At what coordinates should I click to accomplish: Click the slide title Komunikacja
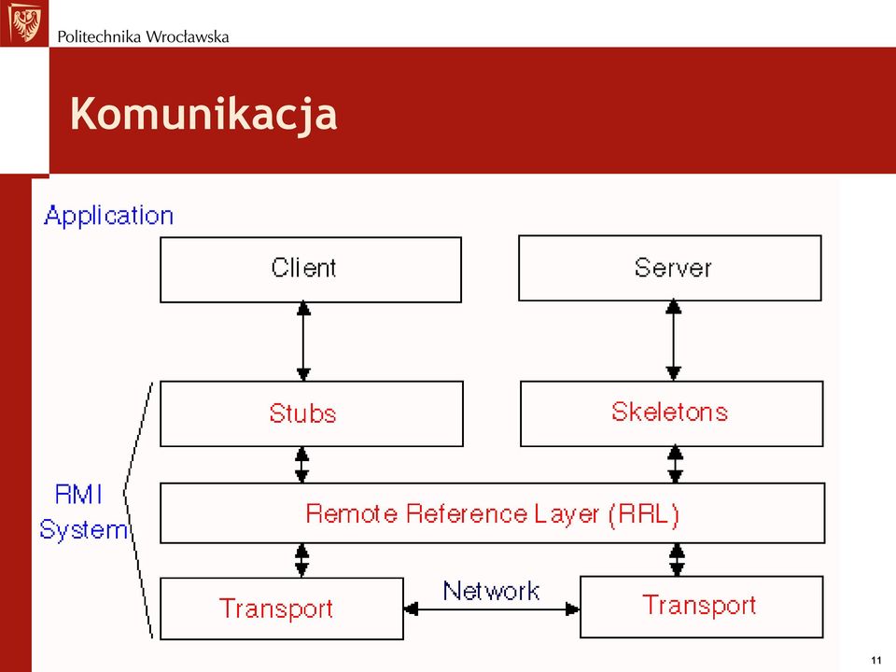pyautogui.click(x=203, y=114)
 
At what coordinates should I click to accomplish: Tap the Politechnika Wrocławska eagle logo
pyautogui.click(x=24, y=22)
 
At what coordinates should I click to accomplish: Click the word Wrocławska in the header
pyautogui.click(x=187, y=37)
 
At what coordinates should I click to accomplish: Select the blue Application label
pyautogui.click(x=108, y=217)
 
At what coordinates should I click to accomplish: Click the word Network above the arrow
pyautogui.click(x=492, y=591)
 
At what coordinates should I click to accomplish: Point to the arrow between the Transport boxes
pyautogui.click(x=492, y=609)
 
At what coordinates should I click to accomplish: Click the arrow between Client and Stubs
pyautogui.click(x=303, y=342)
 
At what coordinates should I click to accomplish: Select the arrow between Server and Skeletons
pyautogui.click(x=674, y=341)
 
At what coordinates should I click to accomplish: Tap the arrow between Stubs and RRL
pyautogui.click(x=302, y=465)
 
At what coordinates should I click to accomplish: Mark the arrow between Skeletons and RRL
pyautogui.click(x=676, y=465)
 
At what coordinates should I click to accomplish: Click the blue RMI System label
pyautogui.click(x=83, y=512)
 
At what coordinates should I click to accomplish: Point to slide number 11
pyautogui.click(x=876, y=661)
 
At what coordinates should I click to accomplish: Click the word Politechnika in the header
pyautogui.click(x=99, y=37)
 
